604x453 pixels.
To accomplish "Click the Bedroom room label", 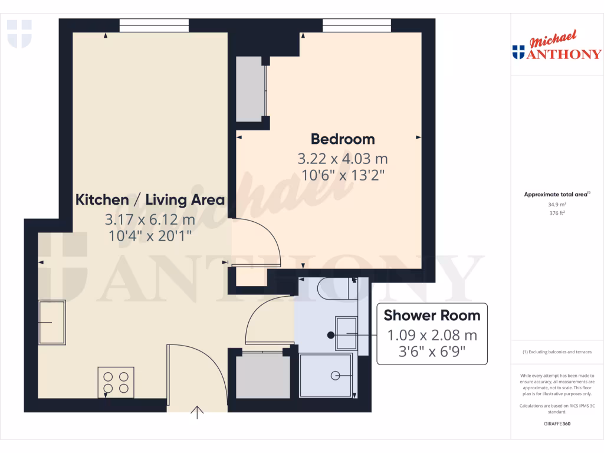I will coord(343,139).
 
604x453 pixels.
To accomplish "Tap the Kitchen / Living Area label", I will coord(150,199).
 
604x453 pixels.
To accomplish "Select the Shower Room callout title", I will coord(432,315).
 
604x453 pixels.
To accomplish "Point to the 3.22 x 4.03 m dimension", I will coord(343,159).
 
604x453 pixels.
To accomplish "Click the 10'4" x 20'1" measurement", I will coord(150,235).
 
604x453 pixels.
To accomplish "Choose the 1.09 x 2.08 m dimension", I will coord(432,336).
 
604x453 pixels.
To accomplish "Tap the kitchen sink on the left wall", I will coord(52,322).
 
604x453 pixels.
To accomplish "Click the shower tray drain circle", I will coord(336,375).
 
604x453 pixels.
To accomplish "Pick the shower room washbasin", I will coord(346,334).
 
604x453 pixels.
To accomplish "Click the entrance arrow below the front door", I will coord(197,412).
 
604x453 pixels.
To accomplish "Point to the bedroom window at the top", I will coord(356,25).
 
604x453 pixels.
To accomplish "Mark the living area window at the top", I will coord(154,25).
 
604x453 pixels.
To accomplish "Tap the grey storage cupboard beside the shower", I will coord(262,376).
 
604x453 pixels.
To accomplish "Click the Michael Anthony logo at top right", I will coord(557,47).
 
